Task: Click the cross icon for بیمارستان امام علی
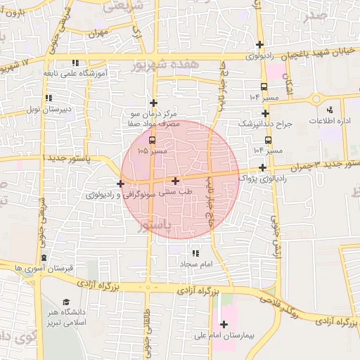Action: point(224,324)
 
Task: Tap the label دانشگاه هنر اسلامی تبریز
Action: point(68,316)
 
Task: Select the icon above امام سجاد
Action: point(195,252)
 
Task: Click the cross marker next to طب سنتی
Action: point(175,181)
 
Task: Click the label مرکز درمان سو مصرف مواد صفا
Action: point(153,117)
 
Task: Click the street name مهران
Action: point(98,32)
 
